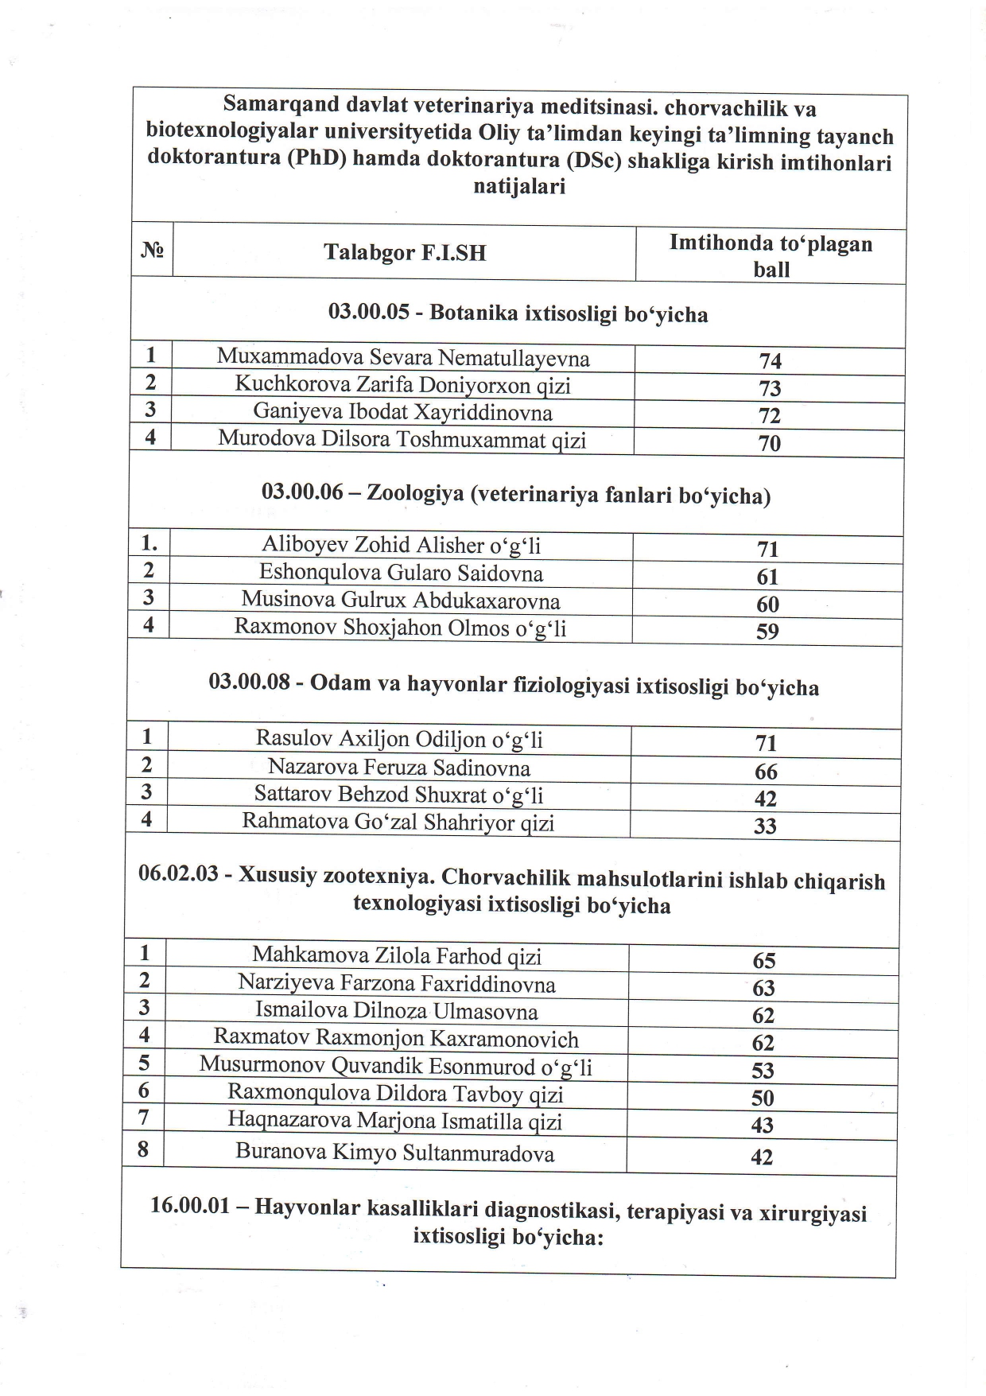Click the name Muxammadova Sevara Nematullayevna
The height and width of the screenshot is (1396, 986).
tap(403, 358)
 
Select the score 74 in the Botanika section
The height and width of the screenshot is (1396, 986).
tap(770, 361)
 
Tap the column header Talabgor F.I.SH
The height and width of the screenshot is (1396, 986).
tap(405, 253)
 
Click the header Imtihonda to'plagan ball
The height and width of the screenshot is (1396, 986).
tap(771, 255)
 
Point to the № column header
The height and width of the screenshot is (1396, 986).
tap(152, 251)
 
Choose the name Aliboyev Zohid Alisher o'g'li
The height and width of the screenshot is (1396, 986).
tap(401, 546)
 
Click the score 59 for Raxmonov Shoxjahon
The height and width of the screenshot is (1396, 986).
tap(767, 632)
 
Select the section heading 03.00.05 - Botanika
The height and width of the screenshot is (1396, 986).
tap(518, 314)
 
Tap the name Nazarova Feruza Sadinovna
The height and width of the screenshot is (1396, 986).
tap(399, 768)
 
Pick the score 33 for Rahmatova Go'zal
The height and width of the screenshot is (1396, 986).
tap(765, 826)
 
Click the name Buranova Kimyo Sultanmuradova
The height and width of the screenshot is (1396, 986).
tap(394, 1153)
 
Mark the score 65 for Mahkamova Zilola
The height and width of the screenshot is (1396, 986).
tap(763, 961)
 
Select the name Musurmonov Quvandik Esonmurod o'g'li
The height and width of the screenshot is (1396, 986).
tap(395, 1066)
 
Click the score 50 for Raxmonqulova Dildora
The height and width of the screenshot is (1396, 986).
tap(763, 1099)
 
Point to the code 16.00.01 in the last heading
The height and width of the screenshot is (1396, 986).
tap(190, 1207)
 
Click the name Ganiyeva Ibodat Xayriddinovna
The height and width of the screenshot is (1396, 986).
tap(402, 412)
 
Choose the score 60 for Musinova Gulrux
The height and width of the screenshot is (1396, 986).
tap(767, 605)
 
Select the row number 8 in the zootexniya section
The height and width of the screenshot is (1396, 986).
tap(144, 1149)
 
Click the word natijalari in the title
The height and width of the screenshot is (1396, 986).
tap(519, 188)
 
